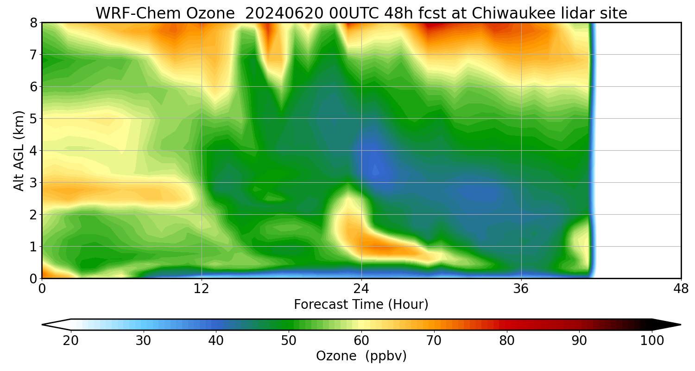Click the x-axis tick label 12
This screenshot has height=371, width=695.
coord(202,288)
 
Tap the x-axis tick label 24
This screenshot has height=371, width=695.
coord(361,288)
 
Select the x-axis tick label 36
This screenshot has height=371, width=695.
coord(521,288)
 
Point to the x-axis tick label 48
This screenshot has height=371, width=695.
coord(681,288)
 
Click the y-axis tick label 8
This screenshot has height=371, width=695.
coord(33,23)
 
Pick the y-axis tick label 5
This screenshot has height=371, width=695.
coord(33,119)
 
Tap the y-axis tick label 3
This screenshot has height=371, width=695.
coord(33,183)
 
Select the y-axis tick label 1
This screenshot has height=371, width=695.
coord(33,247)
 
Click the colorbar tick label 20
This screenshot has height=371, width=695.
coord(71,341)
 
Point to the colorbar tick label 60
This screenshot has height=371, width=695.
coord(361,341)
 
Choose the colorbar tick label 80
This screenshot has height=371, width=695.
coord(507,341)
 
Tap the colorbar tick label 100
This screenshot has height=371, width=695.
coord(652,341)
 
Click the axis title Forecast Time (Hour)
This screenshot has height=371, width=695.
coord(361,305)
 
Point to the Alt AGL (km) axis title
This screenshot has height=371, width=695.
coord(19,150)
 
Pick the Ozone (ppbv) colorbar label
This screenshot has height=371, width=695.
coord(361,356)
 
